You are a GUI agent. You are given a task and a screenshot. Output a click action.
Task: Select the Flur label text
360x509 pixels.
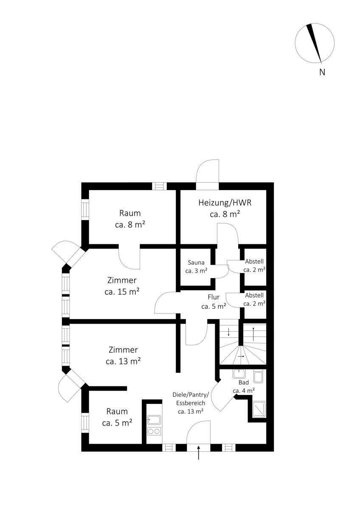[x=214, y=297]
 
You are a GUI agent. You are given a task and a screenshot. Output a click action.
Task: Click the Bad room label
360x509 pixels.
[x=244, y=382]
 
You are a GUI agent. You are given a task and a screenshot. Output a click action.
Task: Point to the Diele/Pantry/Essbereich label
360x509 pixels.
[x=191, y=403]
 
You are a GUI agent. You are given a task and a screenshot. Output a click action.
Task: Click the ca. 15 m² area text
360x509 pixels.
[x=122, y=292]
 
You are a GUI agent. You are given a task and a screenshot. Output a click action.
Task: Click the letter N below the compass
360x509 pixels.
[x=322, y=72]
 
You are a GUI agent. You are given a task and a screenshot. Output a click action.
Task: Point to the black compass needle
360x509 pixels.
[x=315, y=43]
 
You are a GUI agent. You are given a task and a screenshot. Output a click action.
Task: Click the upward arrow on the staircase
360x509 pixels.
[x=253, y=334]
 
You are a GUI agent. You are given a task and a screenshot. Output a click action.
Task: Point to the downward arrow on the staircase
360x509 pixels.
[x=228, y=332]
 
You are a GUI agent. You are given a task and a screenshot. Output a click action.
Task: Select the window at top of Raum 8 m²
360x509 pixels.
[x=160, y=186]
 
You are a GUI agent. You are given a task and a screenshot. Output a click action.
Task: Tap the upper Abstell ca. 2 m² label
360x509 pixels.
[x=254, y=266]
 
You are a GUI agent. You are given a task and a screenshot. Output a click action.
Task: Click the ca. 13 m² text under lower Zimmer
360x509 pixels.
[x=123, y=361]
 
